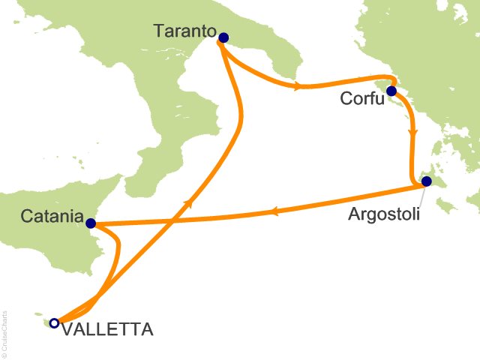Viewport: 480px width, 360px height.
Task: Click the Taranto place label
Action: [x=184, y=31]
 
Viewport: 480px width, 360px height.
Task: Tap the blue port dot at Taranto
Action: [x=223, y=37]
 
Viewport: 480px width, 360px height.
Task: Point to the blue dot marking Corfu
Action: [x=391, y=91]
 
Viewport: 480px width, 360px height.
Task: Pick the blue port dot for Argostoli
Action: [x=426, y=181]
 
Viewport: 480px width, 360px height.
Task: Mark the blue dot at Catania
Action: [x=90, y=223]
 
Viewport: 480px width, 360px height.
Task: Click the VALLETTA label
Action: [x=106, y=328]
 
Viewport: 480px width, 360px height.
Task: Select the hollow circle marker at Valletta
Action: [x=53, y=323]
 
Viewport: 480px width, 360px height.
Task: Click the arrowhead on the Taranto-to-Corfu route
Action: [x=298, y=86]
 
